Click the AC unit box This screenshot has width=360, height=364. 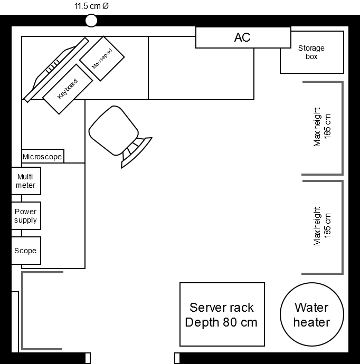(x=243, y=37)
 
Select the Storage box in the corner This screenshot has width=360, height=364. (x=311, y=52)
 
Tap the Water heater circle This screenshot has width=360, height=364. (x=311, y=315)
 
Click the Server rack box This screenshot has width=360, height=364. (x=222, y=314)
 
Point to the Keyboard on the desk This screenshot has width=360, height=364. (x=68, y=89)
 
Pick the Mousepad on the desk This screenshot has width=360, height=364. (x=102, y=58)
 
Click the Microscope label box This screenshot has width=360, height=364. (x=43, y=157)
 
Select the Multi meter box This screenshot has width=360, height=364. (x=26, y=181)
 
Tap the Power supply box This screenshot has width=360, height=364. (x=26, y=216)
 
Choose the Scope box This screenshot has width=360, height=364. (x=26, y=251)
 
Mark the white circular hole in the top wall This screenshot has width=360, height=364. (x=91, y=21)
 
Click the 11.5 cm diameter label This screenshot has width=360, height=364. (x=91, y=7)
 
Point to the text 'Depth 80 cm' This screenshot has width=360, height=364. (x=221, y=322)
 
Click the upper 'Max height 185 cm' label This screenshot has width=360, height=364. (x=322, y=127)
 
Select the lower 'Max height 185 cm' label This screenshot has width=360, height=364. (x=322, y=226)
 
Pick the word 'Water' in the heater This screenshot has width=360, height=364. (x=311, y=308)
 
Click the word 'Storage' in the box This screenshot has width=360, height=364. (x=311, y=48)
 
